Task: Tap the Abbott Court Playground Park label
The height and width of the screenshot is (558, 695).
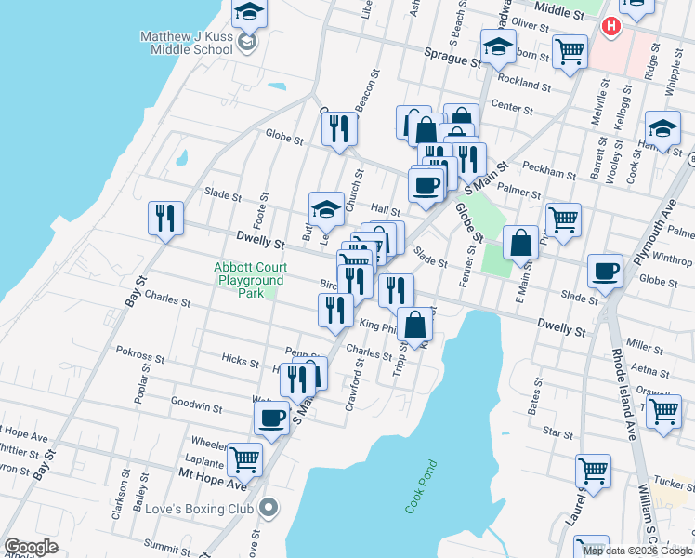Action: [248, 279]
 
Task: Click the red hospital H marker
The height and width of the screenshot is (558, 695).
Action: [610, 26]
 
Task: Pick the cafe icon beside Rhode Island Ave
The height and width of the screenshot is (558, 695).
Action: [605, 271]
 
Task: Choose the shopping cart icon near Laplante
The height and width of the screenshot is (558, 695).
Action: [244, 458]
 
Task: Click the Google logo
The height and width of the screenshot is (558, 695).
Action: [32, 547]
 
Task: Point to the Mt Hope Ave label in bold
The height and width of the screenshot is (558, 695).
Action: [213, 485]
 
